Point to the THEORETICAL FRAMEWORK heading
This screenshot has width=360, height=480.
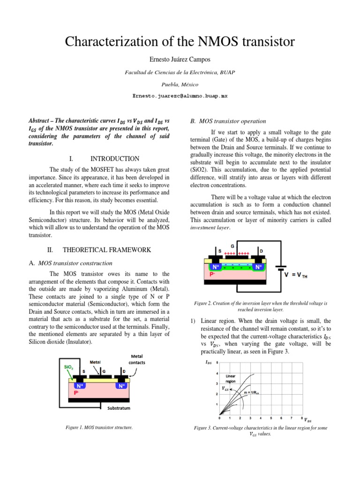point(106,250)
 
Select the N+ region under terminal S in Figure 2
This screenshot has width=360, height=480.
point(217,267)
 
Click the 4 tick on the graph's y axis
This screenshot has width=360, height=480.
point(217,374)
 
